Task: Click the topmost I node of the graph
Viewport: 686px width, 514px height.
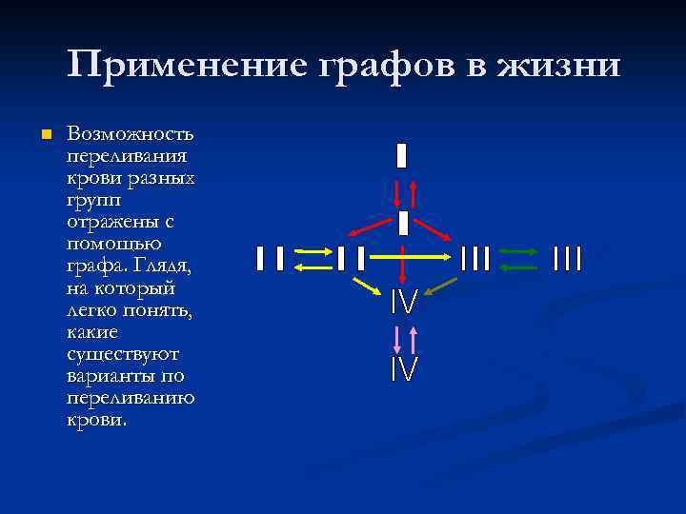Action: [x=402, y=155]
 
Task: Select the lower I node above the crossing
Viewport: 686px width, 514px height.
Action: [x=403, y=224]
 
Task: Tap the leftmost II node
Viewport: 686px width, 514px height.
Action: [x=270, y=258]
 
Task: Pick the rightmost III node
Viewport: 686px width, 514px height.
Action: [x=567, y=258]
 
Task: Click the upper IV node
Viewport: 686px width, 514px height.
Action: [x=404, y=304]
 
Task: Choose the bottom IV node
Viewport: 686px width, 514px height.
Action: [x=404, y=368]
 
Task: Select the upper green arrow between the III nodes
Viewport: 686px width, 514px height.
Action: [x=519, y=252]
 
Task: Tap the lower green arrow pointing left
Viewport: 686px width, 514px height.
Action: [x=519, y=267]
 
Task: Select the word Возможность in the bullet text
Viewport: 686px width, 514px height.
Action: [x=131, y=133]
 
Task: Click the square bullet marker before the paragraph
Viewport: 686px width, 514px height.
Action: [x=42, y=135]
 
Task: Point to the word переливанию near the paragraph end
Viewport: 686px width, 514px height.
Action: [x=131, y=397]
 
